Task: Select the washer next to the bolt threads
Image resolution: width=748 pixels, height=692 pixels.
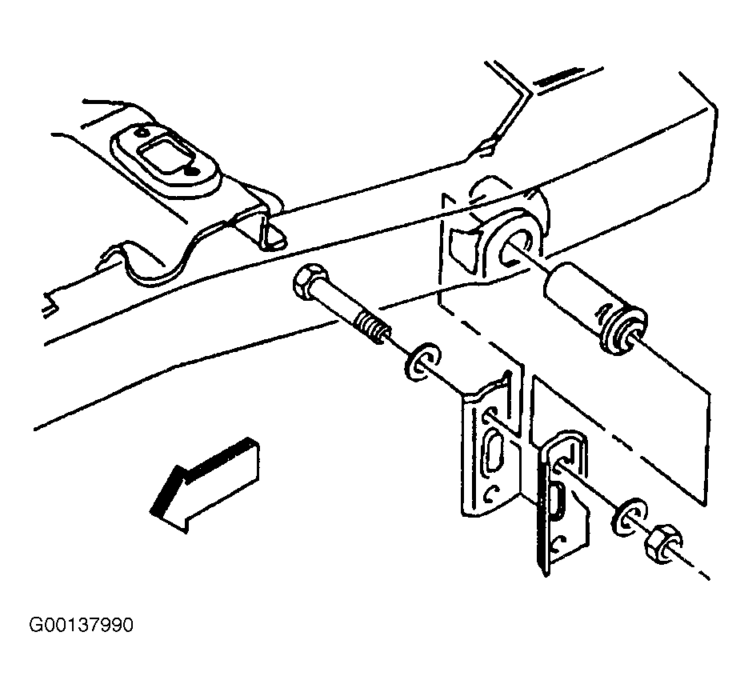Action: point(422,361)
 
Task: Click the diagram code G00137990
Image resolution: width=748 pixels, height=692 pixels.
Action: point(81,625)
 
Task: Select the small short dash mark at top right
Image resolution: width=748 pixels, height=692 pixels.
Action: point(557,78)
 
